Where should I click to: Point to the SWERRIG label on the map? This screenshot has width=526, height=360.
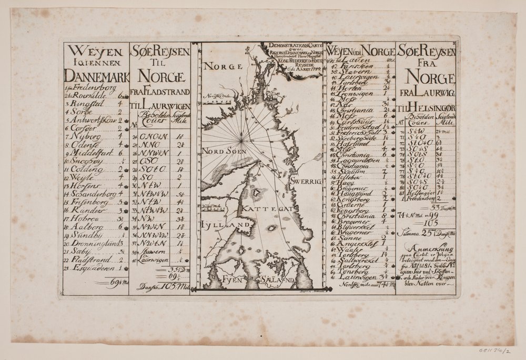pos(305,181)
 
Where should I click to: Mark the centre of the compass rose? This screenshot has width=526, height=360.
pos(241,141)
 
